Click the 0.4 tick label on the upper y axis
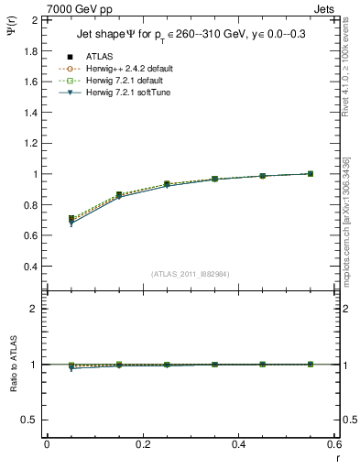click(29, 267)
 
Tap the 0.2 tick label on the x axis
click(143, 444)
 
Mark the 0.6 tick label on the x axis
click(334, 444)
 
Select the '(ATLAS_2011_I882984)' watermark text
click(190, 274)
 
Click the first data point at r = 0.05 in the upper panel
click(71, 220)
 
